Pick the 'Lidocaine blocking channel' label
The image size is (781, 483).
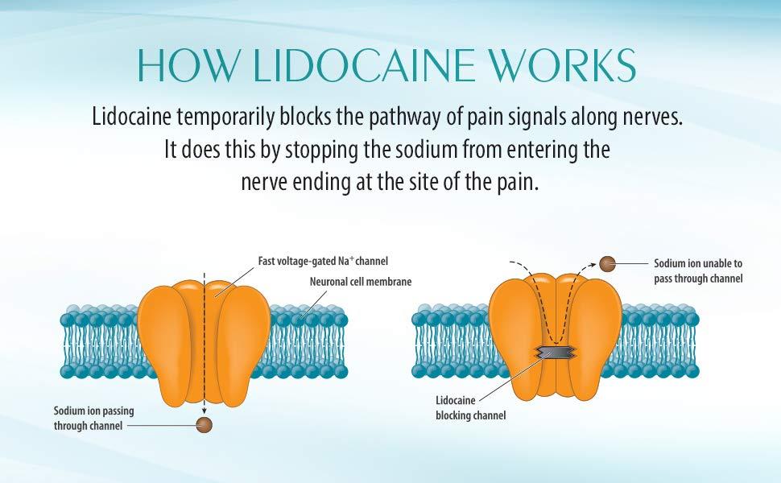coord(471,407)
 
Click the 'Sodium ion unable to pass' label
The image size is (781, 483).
coord(698,270)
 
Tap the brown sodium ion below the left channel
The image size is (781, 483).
coord(205,423)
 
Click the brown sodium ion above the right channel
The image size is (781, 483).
coord(609,263)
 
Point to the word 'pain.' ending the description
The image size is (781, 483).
coord(514,182)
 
